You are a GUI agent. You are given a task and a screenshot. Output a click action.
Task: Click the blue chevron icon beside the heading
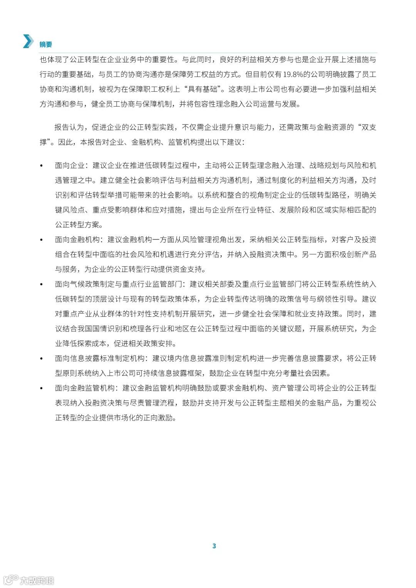coord(28,41)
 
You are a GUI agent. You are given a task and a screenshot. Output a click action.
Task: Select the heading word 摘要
coord(45,44)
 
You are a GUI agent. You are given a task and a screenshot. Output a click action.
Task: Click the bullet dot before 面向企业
coord(42,166)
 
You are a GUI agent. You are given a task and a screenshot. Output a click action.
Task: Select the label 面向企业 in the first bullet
coord(69,166)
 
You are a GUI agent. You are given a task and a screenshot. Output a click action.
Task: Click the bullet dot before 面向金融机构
coord(42,240)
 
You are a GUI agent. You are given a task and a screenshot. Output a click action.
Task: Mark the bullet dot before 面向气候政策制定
coord(42,284)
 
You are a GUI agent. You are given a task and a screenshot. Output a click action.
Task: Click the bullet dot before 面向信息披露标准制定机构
coord(42,358)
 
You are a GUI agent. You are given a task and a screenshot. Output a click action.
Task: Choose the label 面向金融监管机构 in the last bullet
coord(85,388)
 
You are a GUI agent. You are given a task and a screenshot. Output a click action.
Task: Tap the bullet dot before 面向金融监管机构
coord(42,388)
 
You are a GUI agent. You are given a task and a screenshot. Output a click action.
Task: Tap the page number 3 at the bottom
coord(214,546)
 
